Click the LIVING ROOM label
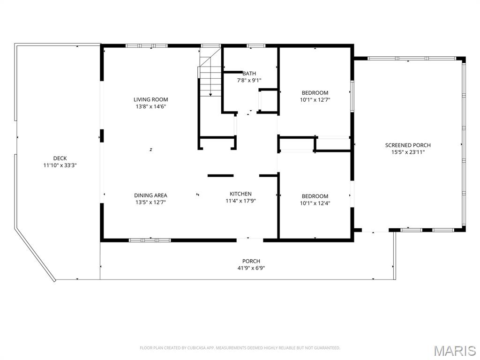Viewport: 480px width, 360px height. tap(150, 99)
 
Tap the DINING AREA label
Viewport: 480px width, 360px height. tap(150, 195)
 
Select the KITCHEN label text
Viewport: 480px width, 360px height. tap(240, 194)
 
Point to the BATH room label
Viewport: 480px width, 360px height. tap(249, 74)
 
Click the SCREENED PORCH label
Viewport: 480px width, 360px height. tap(408, 145)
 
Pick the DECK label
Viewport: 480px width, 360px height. tap(60, 158)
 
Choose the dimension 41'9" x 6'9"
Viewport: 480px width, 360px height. tap(251, 268)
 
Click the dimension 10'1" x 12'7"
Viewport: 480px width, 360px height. tap(315, 99)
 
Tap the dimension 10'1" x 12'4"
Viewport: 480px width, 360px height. tap(315, 203)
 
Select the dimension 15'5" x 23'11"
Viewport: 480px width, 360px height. tap(408, 152)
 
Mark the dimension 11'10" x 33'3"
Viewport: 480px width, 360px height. tap(60, 165)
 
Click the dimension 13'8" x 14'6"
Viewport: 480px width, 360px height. tap(150, 106)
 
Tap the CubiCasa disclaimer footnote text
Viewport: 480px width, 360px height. tap(240, 348)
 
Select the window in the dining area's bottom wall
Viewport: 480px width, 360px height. tap(150, 240)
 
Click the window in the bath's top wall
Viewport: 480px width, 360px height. tap(256, 46)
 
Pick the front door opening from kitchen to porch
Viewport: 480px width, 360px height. tap(250, 240)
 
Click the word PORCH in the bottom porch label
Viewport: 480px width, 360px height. tap(251, 261)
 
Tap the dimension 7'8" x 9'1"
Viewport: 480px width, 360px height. tap(249, 81)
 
